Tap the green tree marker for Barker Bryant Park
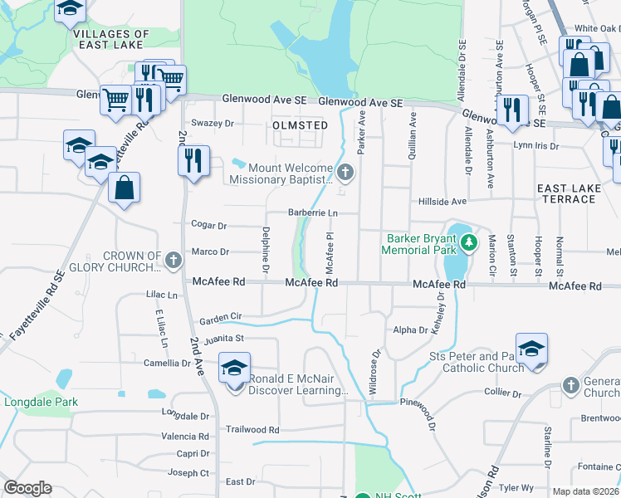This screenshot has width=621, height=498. (x=470, y=242)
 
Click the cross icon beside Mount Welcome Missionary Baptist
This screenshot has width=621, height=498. (x=346, y=173)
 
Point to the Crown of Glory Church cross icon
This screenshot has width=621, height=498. (x=174, y=261)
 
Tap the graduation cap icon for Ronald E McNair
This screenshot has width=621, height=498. (x=235, y=366)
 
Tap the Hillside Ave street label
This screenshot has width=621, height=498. (x=466, y=201)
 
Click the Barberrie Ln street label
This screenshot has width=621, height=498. (x=312, y=213)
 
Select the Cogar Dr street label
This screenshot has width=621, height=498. (x=209, y=225)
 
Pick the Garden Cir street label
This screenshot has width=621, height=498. (x=220, y=317)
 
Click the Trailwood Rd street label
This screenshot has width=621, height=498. (x=252, y=430)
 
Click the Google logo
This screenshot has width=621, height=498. (x=27, y=487)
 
